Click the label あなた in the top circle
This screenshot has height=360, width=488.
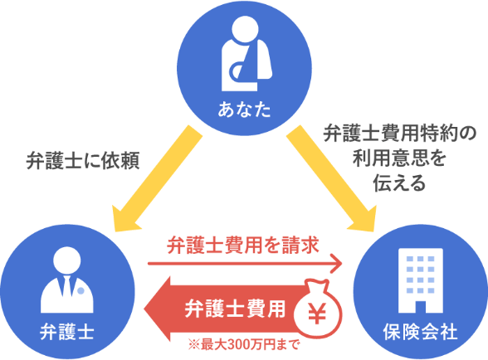point(244,109)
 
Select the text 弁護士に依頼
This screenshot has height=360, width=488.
point(83,161)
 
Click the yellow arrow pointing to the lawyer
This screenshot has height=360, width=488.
point(158,179)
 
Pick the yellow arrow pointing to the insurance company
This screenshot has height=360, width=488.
point(332,179)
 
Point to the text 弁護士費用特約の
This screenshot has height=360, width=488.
point(400,134)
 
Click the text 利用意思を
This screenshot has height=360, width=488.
point(400,158)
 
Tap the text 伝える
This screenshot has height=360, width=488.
point(400,182)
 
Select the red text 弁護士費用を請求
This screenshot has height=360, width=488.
point(243,246)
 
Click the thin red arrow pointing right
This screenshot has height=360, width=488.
point(245,264)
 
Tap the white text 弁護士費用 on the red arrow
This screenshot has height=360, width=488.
point(235,309)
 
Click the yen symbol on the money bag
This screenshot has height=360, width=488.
point(317,313)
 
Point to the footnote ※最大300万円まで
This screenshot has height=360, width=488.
point(244,345)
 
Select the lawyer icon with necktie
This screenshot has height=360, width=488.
point(67,280)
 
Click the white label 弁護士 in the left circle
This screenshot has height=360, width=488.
point(67,332)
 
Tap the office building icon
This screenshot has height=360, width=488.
point(421,280)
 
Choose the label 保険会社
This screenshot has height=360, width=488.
point(421,332)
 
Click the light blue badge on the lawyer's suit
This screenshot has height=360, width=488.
point(81,291)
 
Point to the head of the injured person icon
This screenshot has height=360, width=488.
point(246,29)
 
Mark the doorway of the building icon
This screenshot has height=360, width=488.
point(421,307)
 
